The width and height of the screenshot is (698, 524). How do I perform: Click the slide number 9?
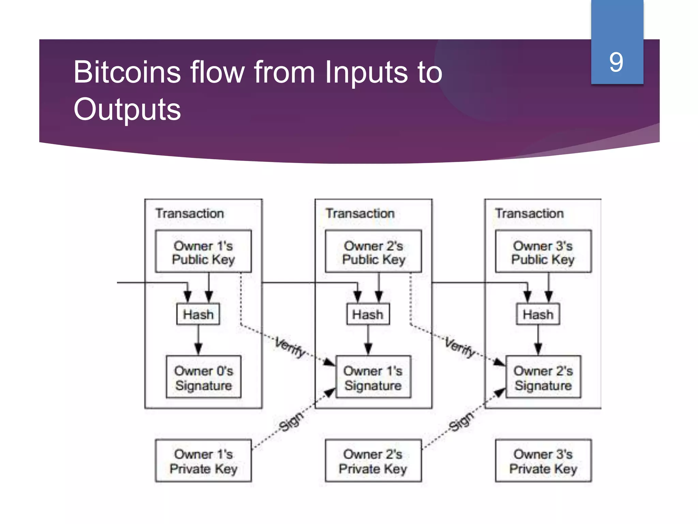pos(616,62)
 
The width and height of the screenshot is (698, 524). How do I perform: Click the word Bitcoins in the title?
pos(127,72)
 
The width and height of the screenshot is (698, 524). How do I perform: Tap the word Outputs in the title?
pos(127,110)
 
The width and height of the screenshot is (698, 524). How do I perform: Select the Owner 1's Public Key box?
pos(203,252)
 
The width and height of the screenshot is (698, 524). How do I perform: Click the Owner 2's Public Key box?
pos(373,252)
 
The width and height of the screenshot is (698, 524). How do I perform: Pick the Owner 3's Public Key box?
pos(543,252)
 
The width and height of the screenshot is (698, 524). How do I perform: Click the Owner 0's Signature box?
pos(203,377)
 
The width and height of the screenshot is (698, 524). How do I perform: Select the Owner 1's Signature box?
pos(373,377)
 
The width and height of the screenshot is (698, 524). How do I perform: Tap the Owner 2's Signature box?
pos(543,377)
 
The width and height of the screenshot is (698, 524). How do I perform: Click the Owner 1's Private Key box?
pos(203,461)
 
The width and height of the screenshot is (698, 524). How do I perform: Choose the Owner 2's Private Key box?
pos(373,461)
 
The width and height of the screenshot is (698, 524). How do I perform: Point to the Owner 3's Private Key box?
pos(543,461)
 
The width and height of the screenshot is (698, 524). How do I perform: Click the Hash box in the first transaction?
pos(198,314)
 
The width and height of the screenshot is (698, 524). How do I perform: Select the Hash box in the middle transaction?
pos(368,314)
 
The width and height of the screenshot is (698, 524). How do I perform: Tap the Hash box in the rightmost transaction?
pos(538,314)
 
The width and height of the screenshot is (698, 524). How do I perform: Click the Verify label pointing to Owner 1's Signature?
pos(290,347)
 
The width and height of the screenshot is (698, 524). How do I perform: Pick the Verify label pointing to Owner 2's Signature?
pos(460,347)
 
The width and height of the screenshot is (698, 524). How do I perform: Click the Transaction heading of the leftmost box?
pos(190,214)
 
